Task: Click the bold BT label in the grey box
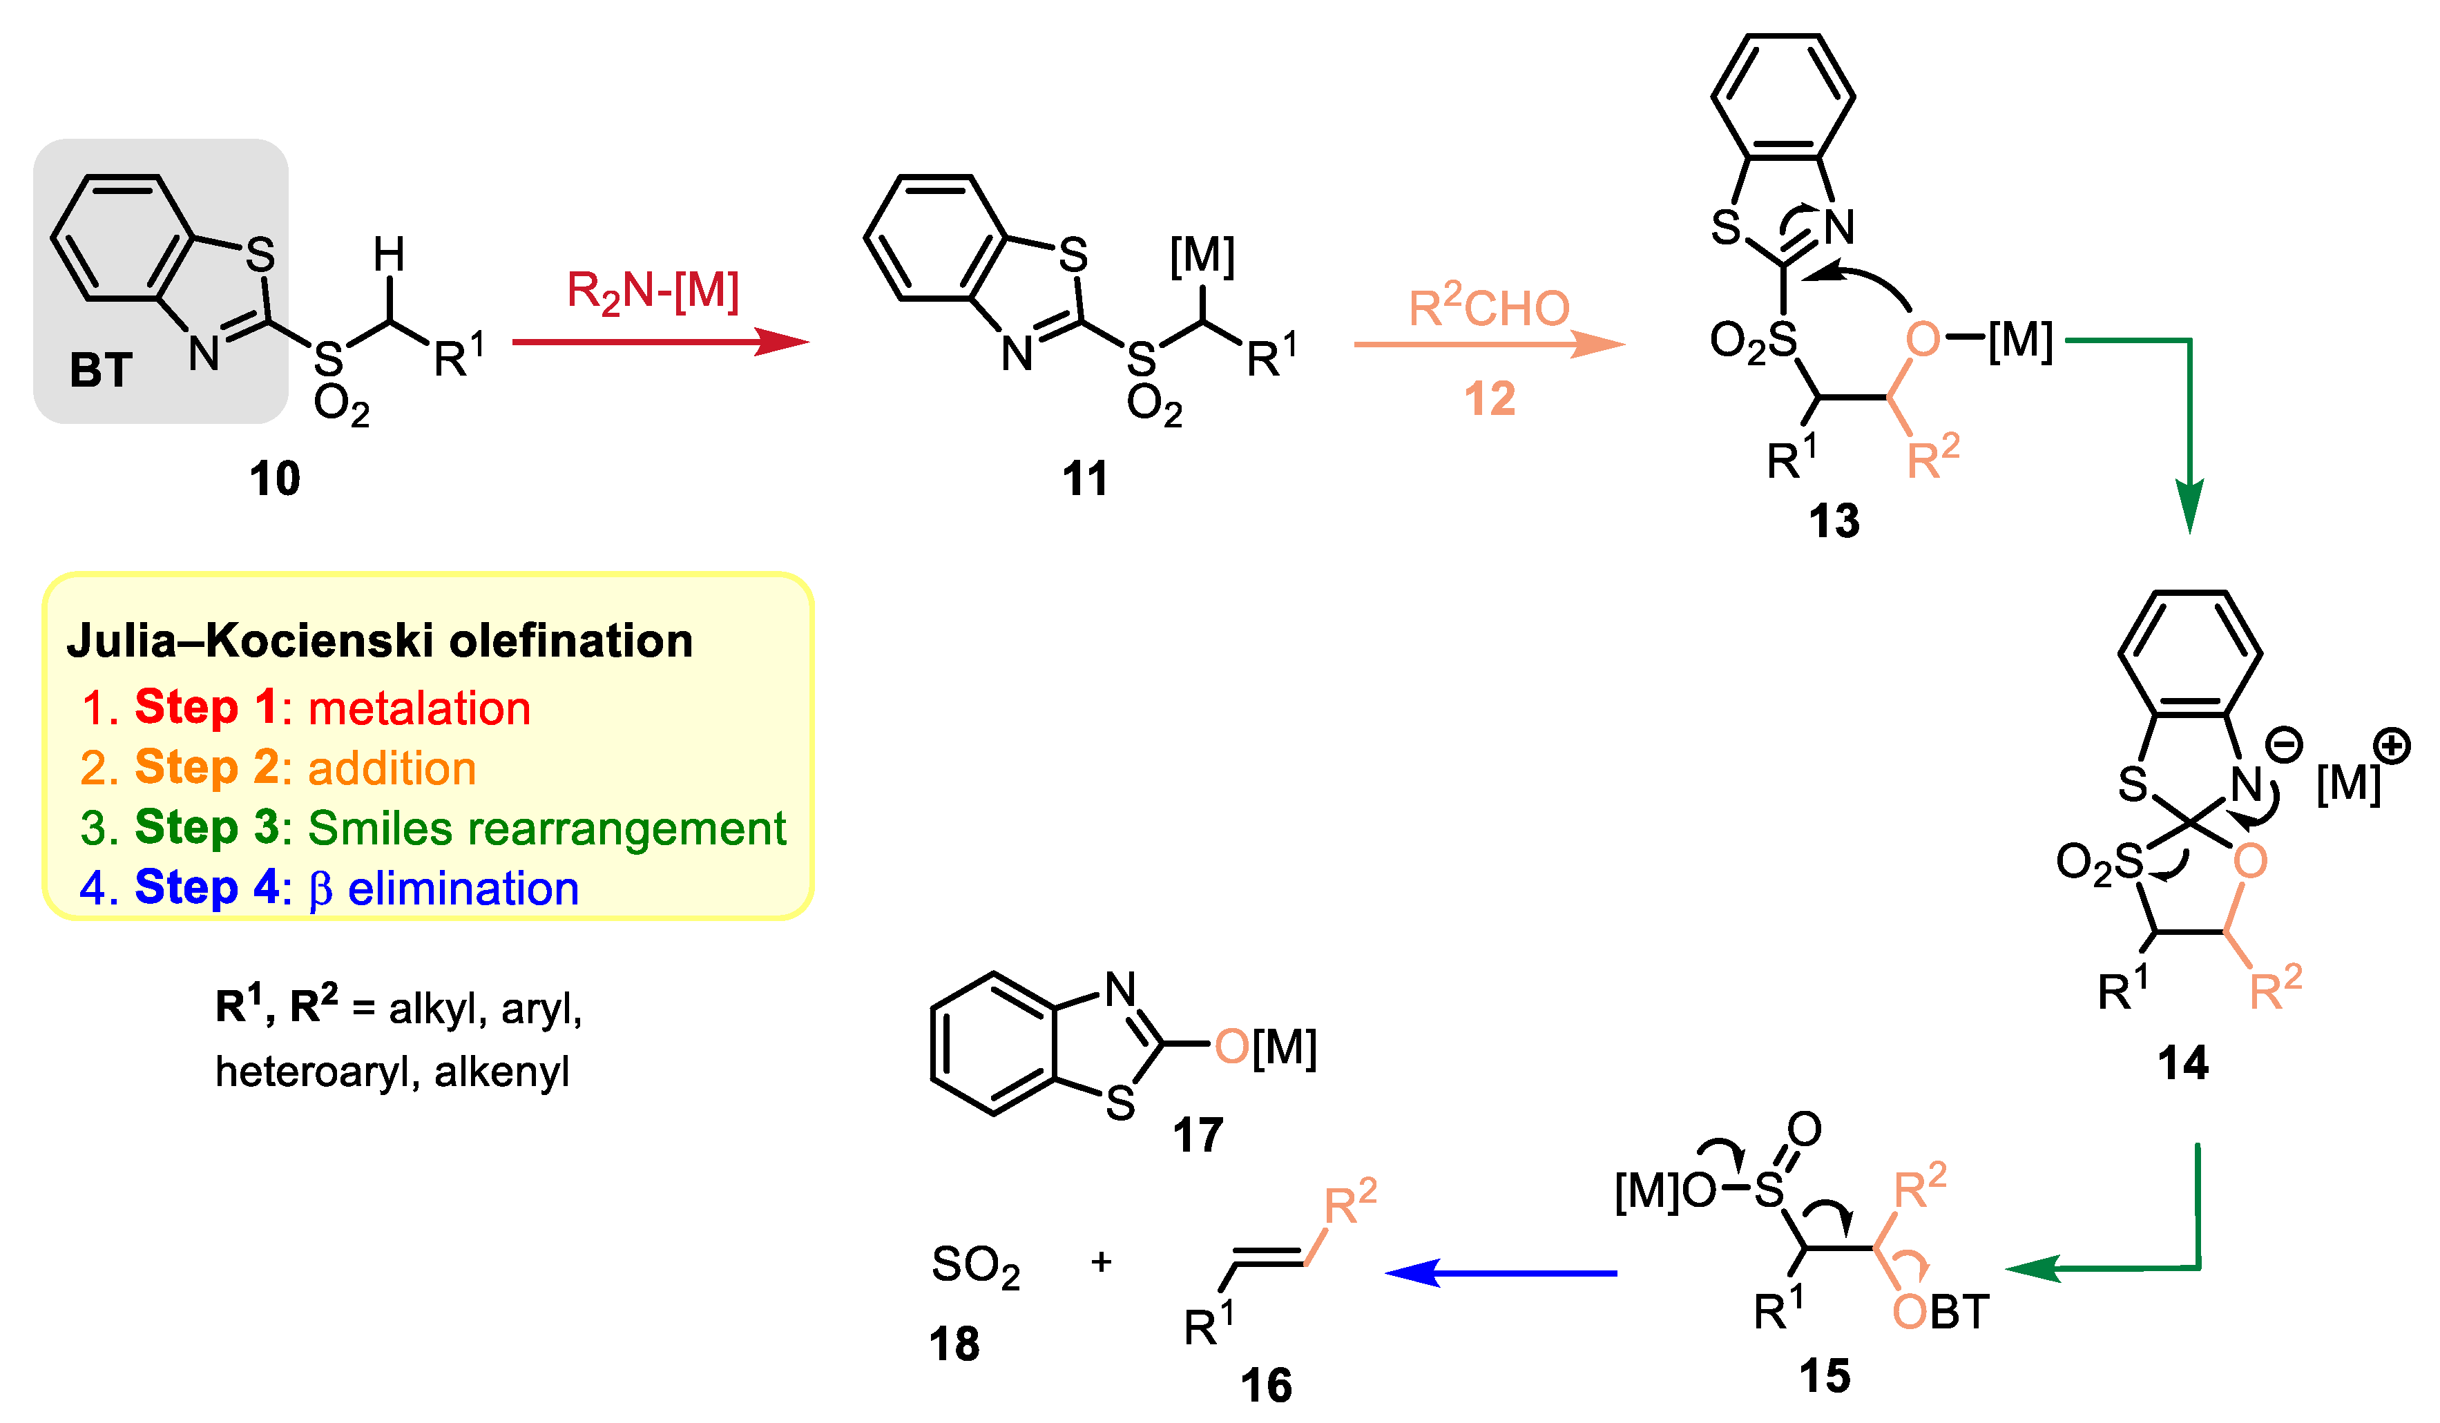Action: [101, 371]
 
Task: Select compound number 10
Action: [275, 479]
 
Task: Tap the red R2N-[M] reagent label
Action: [653, 291]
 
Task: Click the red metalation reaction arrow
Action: [658, 342]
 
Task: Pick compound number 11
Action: [1084, 479]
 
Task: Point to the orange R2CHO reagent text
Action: [1488, 308]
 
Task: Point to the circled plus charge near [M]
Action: [2392, 746]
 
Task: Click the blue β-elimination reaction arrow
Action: [1501, 1273]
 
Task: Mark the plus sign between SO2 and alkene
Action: [1101, 1262]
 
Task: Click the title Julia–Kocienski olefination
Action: [380, 641]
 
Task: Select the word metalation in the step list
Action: [419, 708]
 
